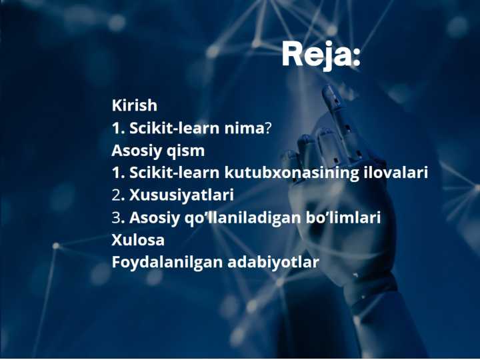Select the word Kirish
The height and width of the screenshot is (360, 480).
tap(135, 105)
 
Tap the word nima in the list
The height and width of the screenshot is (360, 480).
tap(244, 128)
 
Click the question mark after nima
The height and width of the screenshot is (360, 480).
tap(267, 128)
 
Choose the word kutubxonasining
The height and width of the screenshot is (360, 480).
tap(292, 173)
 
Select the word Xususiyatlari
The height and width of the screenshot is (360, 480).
tap(181, 195)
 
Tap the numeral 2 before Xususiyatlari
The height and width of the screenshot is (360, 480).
tap(116, 195)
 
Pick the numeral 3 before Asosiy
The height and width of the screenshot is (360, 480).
tap(116, 217)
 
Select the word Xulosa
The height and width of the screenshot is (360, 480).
tap(138, 240)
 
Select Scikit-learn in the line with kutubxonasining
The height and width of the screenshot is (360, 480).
tap(175, 173)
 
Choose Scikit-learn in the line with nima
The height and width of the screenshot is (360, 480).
tap(175, 128)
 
